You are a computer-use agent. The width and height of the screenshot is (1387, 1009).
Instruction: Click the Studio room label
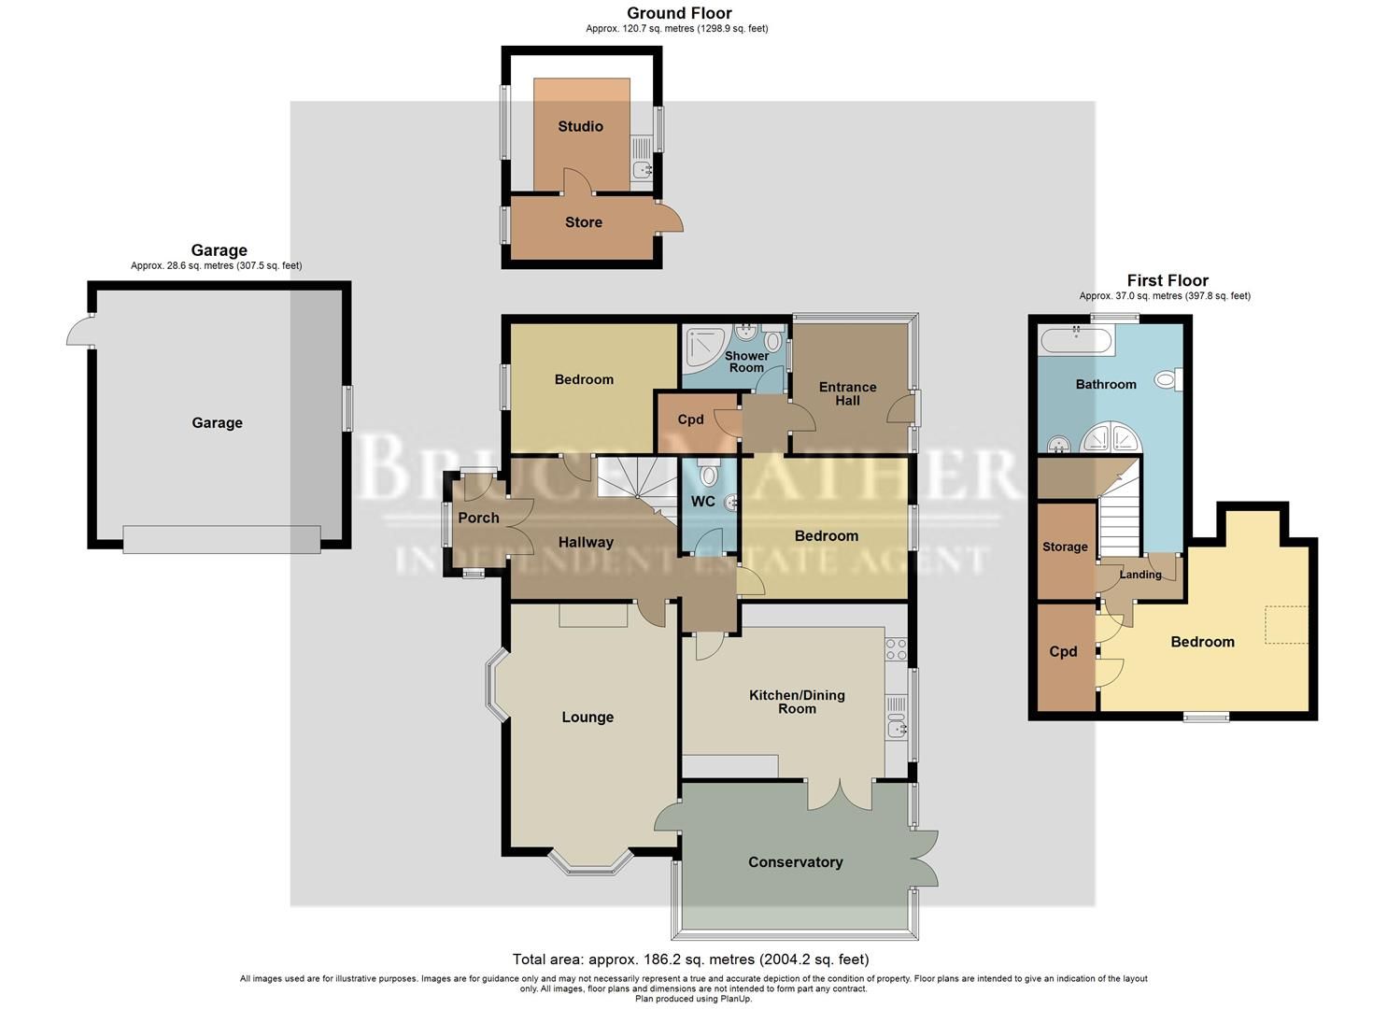580,126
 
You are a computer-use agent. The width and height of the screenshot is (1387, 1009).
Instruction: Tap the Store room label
583,222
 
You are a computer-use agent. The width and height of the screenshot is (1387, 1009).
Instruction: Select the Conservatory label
795,862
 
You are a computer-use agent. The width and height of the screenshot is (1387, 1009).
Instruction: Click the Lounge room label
587,718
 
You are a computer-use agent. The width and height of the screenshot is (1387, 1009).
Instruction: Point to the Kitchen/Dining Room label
797,702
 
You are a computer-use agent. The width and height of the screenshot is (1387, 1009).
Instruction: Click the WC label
702,502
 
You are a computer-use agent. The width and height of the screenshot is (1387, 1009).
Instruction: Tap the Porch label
478,518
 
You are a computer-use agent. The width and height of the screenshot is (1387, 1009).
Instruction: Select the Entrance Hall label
847,393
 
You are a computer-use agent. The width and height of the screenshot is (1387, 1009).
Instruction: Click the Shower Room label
746,362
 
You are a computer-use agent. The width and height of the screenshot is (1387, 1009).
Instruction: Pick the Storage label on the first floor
1065,547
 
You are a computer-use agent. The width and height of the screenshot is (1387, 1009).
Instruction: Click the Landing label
1140,575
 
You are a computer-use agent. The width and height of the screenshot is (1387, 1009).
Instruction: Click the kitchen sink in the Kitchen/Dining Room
897,728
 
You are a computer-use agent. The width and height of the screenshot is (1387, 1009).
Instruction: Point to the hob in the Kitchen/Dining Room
897,647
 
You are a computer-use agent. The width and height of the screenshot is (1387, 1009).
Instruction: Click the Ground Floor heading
679,13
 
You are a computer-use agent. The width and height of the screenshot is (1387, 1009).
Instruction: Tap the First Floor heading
1167,280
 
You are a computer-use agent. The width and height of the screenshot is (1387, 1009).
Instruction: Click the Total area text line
690,959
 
